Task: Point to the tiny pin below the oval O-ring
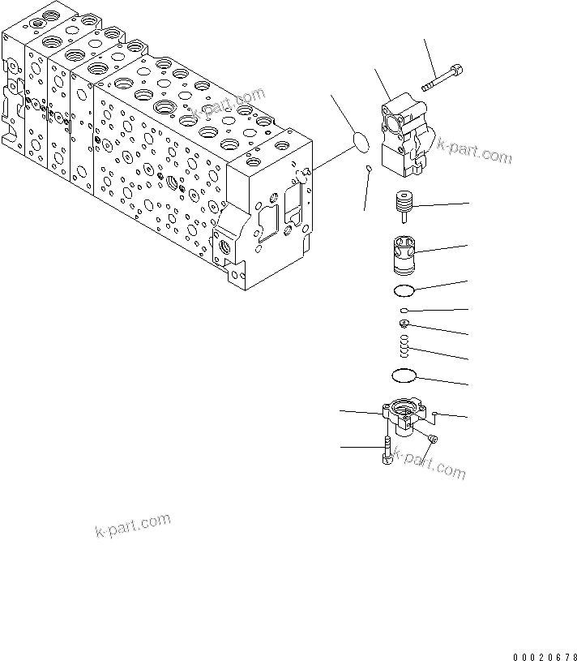370,170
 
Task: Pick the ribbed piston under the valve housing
403,204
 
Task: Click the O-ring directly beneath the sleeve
404,290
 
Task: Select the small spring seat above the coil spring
404,324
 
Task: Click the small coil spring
404,346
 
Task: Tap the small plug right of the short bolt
433,439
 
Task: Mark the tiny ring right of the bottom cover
436,414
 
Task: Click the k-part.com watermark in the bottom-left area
133,526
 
